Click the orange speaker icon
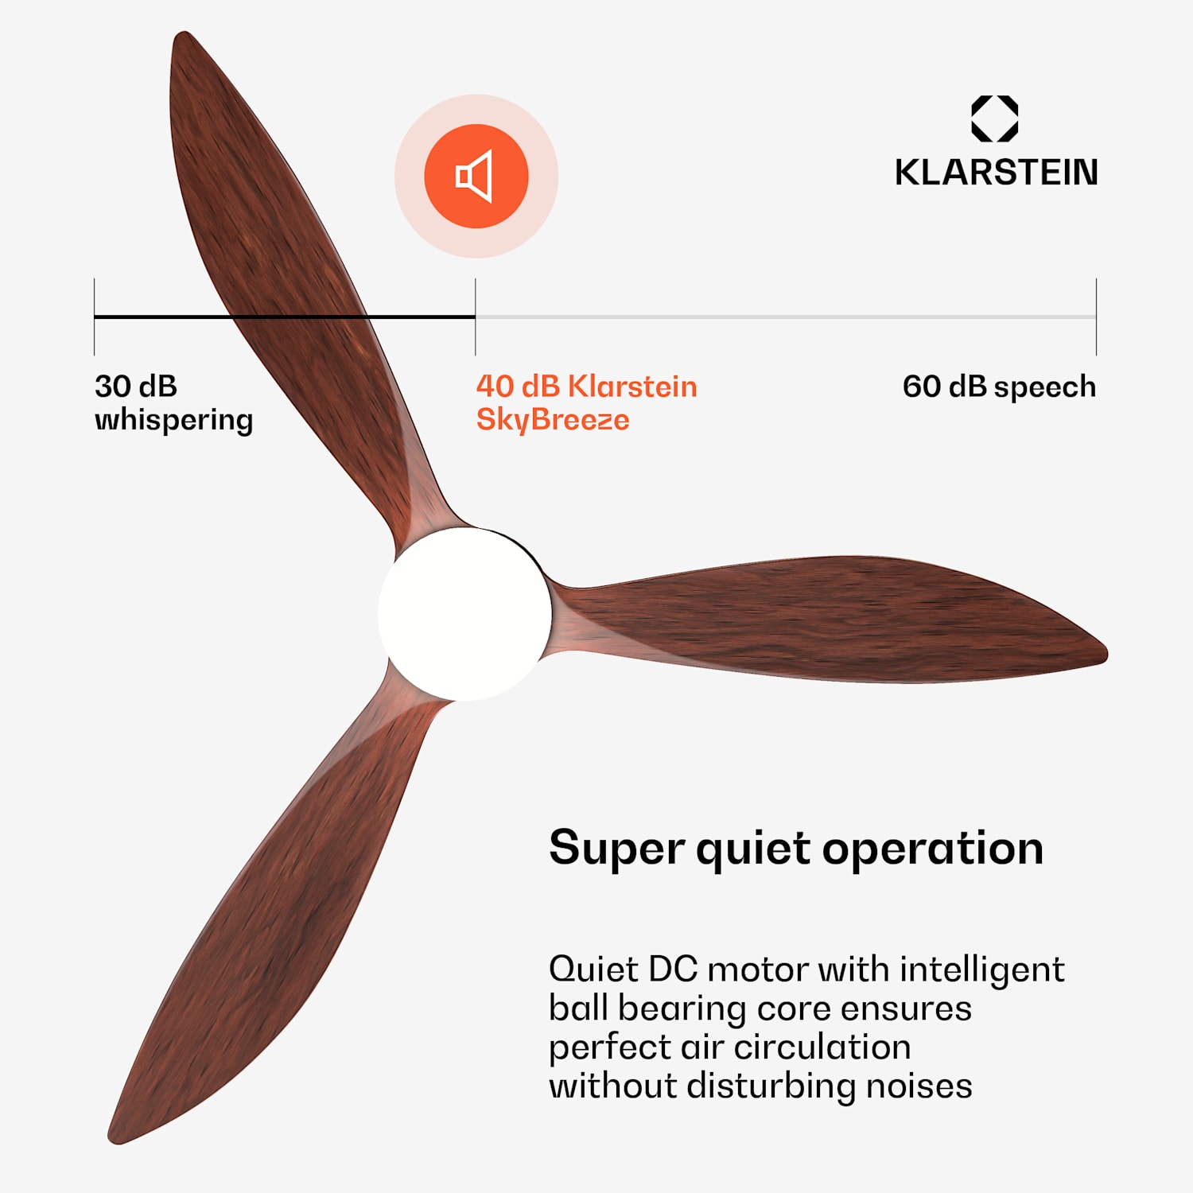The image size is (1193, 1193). click(476, 176)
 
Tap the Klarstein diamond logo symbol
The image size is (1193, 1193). click(994, 119)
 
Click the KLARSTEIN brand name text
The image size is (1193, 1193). click(996, 173)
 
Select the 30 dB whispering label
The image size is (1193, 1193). click(173, 402)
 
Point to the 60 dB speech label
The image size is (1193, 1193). click(999, 387)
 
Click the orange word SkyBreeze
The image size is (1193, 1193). click(553, 420)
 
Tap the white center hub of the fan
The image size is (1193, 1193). click(464, 613)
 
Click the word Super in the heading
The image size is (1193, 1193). click(616, 849)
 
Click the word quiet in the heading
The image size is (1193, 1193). click(752, 849)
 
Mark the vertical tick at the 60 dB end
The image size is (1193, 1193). click(1096, 317)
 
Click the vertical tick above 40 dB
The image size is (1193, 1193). click(476, 317)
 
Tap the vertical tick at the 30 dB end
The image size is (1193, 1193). click(95, 317)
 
